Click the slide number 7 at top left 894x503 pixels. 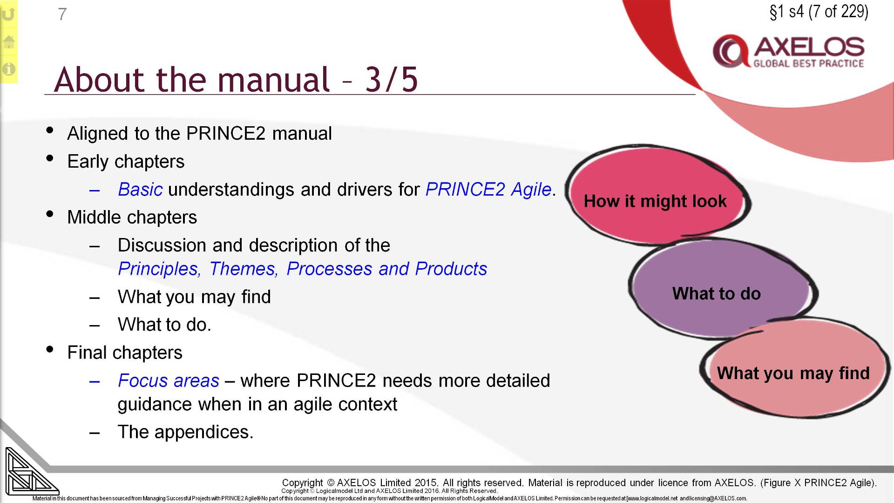pyautogui.click(x=62, y=14)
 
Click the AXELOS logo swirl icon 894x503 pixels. pyautogui.click(x=730, y=51)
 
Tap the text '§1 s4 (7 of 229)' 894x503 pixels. pyautogui.click(x=819, y=12)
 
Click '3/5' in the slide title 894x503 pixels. pyautogui.click(x=391, y=79)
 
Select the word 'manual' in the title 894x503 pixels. pyautogui.click(x=274, y=79)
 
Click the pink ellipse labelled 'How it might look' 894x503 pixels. pyautogui.click(x=655, y=201)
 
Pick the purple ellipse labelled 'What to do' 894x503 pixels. pyautogui.click(x=716, y=293)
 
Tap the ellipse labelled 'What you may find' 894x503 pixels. pyautogui.click(x=793, y=373)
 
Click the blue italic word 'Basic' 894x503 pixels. pyautogui.click(x=140, y=190)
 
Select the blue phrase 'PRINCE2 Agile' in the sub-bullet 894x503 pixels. pyautogui.click(x=488, y=190)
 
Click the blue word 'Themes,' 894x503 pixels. pyautogui.click(x=244, y=269)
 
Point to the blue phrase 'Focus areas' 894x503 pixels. pyautogui.click(x=168, y=381)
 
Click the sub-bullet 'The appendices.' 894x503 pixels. pyautogui.click(x=185, y=432)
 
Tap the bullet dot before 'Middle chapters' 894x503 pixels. pyautogui.click(x=50, y=215)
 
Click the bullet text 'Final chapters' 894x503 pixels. pyautogui.click(x=125, y=353)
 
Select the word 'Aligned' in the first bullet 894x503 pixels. pyautogui.click(x=98, y=134)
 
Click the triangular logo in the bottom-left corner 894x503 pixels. pyautogui.click(x=28, y=473)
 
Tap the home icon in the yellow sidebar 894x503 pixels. pyautogui.click(x=8, y=42)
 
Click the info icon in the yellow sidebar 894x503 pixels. pyautogui.click(x=8, y=69)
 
